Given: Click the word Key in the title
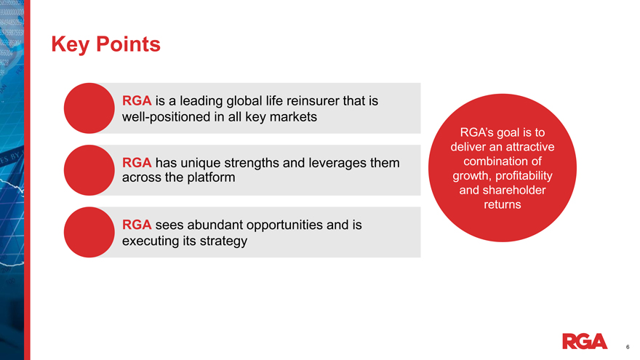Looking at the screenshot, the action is (70, 44).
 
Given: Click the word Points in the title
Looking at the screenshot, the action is (128, 44).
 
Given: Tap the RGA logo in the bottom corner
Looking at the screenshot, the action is (585, 341).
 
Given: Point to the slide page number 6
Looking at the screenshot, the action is (628, 347).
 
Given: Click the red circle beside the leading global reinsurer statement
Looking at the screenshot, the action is (89, 108).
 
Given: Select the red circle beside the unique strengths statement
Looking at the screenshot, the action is (89, 170).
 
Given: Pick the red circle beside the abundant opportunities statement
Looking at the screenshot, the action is (89, 232).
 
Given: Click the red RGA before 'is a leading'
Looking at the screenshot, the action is (137, 101).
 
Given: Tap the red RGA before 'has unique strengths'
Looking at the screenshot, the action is (137, 163).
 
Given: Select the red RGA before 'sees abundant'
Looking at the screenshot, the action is (137, 225).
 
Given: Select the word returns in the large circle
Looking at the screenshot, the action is (503, 204).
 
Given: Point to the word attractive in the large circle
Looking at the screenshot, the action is (529, 147).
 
